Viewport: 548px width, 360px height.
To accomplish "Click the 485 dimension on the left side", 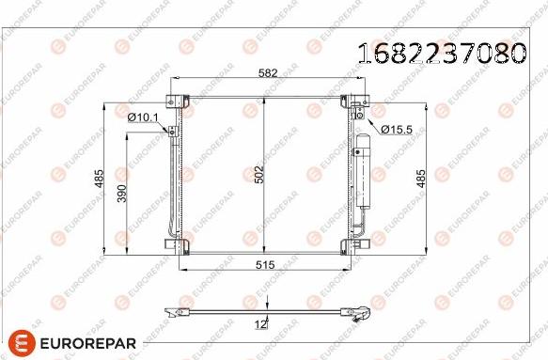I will pyautogui.click(x=99, y=179).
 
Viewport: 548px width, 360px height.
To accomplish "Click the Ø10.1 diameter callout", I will pyautogui.click(x=144, y=117).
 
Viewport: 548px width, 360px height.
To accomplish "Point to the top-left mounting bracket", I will pyautogui.click(x=176, y=100).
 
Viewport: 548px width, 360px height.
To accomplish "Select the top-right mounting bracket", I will pyautogui.click(x=359, y=100).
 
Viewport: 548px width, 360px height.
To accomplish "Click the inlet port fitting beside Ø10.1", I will pyautogui.click(x=172, y=131).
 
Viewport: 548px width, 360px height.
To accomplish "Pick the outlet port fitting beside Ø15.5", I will pyautogui.click(x=361, y=115).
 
